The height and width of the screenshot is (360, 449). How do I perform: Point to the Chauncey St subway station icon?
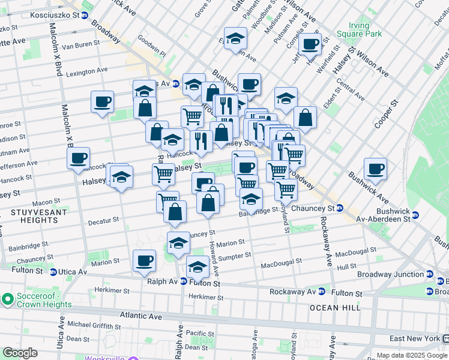(x=339, y=208)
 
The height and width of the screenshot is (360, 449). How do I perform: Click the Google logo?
(x=20, y=353)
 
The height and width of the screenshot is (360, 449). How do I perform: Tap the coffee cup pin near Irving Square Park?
(x=310, y=43)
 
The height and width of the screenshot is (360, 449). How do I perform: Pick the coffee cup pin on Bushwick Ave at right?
(x=376, y=169)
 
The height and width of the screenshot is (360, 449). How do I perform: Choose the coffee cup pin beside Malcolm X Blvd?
(x=79, y=158)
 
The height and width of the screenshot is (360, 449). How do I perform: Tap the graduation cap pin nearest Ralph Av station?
(x=197, y=266)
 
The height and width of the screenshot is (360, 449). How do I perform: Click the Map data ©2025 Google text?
(x=411, y=355)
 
